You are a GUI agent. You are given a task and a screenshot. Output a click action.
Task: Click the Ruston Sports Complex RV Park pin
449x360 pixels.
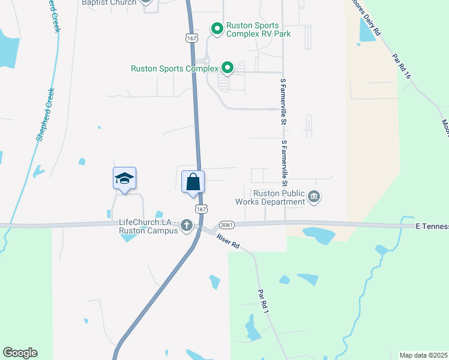coord(217,28)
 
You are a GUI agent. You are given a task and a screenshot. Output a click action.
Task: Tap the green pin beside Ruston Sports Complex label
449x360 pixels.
coord(227,68)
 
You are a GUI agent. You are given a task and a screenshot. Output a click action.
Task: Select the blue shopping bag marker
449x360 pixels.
coord(193,181)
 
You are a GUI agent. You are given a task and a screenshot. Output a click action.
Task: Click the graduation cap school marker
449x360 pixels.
coord(124,178)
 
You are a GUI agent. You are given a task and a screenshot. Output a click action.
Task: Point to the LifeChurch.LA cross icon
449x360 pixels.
coord(187,226)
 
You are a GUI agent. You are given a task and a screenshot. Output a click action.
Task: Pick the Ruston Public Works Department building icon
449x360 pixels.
coord(314,197)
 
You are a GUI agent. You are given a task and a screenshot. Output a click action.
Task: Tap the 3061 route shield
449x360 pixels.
coord(227,224)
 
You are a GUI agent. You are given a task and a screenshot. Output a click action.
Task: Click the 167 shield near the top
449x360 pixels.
coord(191,38)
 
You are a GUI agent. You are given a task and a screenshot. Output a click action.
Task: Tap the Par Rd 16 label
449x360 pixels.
coord(401,67)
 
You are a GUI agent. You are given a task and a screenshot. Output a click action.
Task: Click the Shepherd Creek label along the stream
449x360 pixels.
coord(47,114)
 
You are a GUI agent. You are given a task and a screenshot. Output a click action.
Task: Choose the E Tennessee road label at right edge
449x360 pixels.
coord(432,226)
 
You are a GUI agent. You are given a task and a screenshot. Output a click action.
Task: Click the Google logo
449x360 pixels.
coord(20,353)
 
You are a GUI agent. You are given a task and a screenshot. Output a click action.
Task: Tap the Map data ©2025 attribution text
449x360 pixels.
coord(424,355)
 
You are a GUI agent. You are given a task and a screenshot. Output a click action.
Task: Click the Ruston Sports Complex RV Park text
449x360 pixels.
coord(258,30)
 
